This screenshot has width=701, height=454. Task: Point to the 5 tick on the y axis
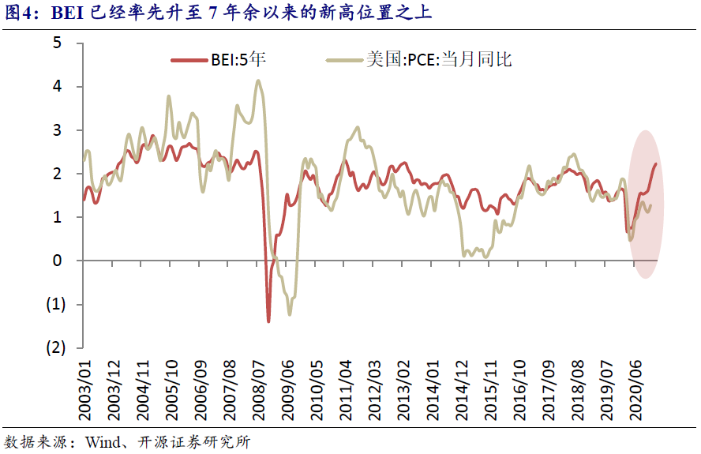pos(58,43)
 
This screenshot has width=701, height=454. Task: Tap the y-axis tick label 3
pos(58,129)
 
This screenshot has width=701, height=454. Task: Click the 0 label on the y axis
pos(58,261)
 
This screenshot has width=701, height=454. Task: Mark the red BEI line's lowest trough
pos(268,321)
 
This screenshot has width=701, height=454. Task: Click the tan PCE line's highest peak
pos(258,81)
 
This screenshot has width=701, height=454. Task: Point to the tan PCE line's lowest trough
pos(290,315)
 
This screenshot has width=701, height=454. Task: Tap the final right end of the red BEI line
pos(656,163)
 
